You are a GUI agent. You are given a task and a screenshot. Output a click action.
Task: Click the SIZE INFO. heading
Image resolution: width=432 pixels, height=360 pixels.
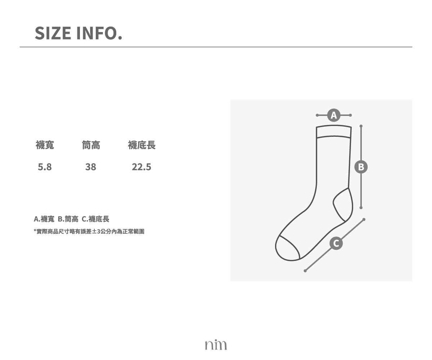pos(78,33)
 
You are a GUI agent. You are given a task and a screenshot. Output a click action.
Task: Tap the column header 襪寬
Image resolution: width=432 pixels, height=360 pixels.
pos(45,145)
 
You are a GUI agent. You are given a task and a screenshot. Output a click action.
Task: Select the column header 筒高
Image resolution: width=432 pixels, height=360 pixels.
pos(91,145)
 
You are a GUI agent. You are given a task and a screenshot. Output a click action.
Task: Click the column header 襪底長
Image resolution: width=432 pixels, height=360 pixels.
pos(142,145)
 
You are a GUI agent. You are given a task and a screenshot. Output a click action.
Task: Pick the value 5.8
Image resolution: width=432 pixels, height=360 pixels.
pos(45,167)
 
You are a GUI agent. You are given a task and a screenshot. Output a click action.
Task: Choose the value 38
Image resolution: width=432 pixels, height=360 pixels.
pos(91,167)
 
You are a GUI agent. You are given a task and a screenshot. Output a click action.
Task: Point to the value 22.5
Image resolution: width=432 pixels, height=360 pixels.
pos(141,167)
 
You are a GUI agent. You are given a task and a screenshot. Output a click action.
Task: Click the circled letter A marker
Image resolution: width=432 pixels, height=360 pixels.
pos(334,115)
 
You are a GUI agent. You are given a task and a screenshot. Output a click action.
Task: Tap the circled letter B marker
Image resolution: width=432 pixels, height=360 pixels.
pos(361,167)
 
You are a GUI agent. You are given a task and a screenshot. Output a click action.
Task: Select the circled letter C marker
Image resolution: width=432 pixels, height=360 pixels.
pos(336,243)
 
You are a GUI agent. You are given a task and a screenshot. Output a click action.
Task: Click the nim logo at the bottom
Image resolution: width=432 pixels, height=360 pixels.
pos(216,345)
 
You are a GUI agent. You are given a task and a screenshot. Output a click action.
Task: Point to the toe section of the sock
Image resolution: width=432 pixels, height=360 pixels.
pos(287,249)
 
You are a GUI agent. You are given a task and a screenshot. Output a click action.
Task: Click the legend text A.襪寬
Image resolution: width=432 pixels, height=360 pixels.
pos(44,219)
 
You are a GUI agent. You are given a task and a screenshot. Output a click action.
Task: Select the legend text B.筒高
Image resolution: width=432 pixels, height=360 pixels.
pos(68,219)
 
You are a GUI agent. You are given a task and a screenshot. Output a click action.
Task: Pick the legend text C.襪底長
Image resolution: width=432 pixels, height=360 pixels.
pos(95,219)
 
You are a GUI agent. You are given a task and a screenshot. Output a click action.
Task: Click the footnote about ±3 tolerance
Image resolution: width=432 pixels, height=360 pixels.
pos(89,231)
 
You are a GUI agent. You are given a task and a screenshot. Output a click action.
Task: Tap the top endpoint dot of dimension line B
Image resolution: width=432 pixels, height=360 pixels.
pos(361,126)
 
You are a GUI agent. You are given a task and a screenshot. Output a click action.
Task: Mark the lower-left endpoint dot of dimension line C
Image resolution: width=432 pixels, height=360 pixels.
pos(305,271)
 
